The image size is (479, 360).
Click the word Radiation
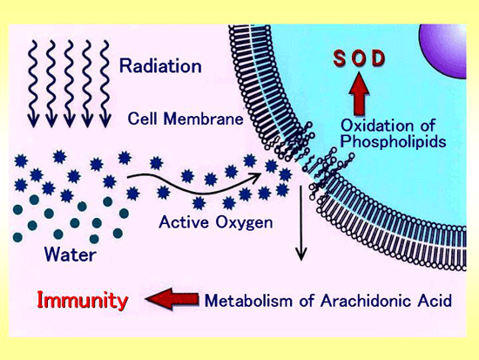point(160,65)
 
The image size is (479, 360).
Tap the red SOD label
point(359,58)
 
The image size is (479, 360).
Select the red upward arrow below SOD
point(359,93)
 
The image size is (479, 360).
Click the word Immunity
point(82,300)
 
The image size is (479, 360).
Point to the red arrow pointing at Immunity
point(172,299)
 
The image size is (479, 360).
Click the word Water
point(71,255)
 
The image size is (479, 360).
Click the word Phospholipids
point(393,141)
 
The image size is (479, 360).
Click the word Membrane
point(204,119)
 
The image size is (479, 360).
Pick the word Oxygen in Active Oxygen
point(244,223)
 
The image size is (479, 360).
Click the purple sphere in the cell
point(444,49)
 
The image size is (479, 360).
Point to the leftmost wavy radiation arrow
point(33,84)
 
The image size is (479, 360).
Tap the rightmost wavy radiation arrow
point(105,84)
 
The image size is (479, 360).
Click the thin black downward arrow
point(301,222)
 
